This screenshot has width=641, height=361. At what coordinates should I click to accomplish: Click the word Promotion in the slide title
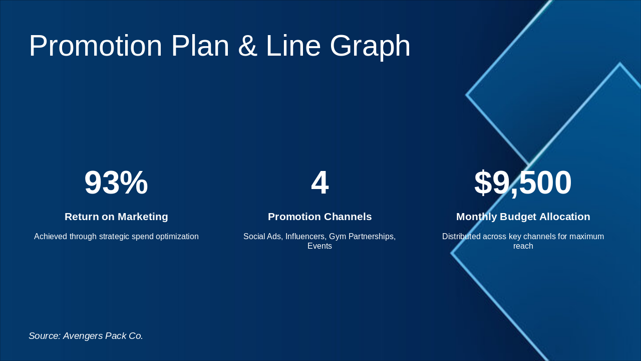pyautogui.click(x=96, y=46)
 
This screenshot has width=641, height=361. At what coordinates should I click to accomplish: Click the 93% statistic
pyautogui.click(x=116, y=183)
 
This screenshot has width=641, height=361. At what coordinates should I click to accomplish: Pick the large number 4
pyautogui.click(x=319, y=183)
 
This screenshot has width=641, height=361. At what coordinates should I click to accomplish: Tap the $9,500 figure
pyautogui.click(x=523, y=183)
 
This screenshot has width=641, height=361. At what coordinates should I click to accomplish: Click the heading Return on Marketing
pyautogui.click(x=116, y=217)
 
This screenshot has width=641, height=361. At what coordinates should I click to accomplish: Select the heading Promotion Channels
pyautogui.click(x=319, y=217)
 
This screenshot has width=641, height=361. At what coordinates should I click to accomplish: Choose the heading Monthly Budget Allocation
pyautogui.click(x=523, y=217)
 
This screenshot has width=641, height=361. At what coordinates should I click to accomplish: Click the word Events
pyautogui.click(x=319, y=246)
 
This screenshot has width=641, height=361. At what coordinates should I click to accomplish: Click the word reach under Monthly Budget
pyautogui.click(x=523, y=246)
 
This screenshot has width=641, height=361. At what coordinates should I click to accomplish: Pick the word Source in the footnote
pyautogui.click(x=44, y=336)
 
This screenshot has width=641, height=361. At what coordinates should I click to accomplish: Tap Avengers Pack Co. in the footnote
pyautogui.click(x=103, y=336)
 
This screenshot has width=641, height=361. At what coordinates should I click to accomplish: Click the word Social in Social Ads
pyautogui.click(x=254, y=237)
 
